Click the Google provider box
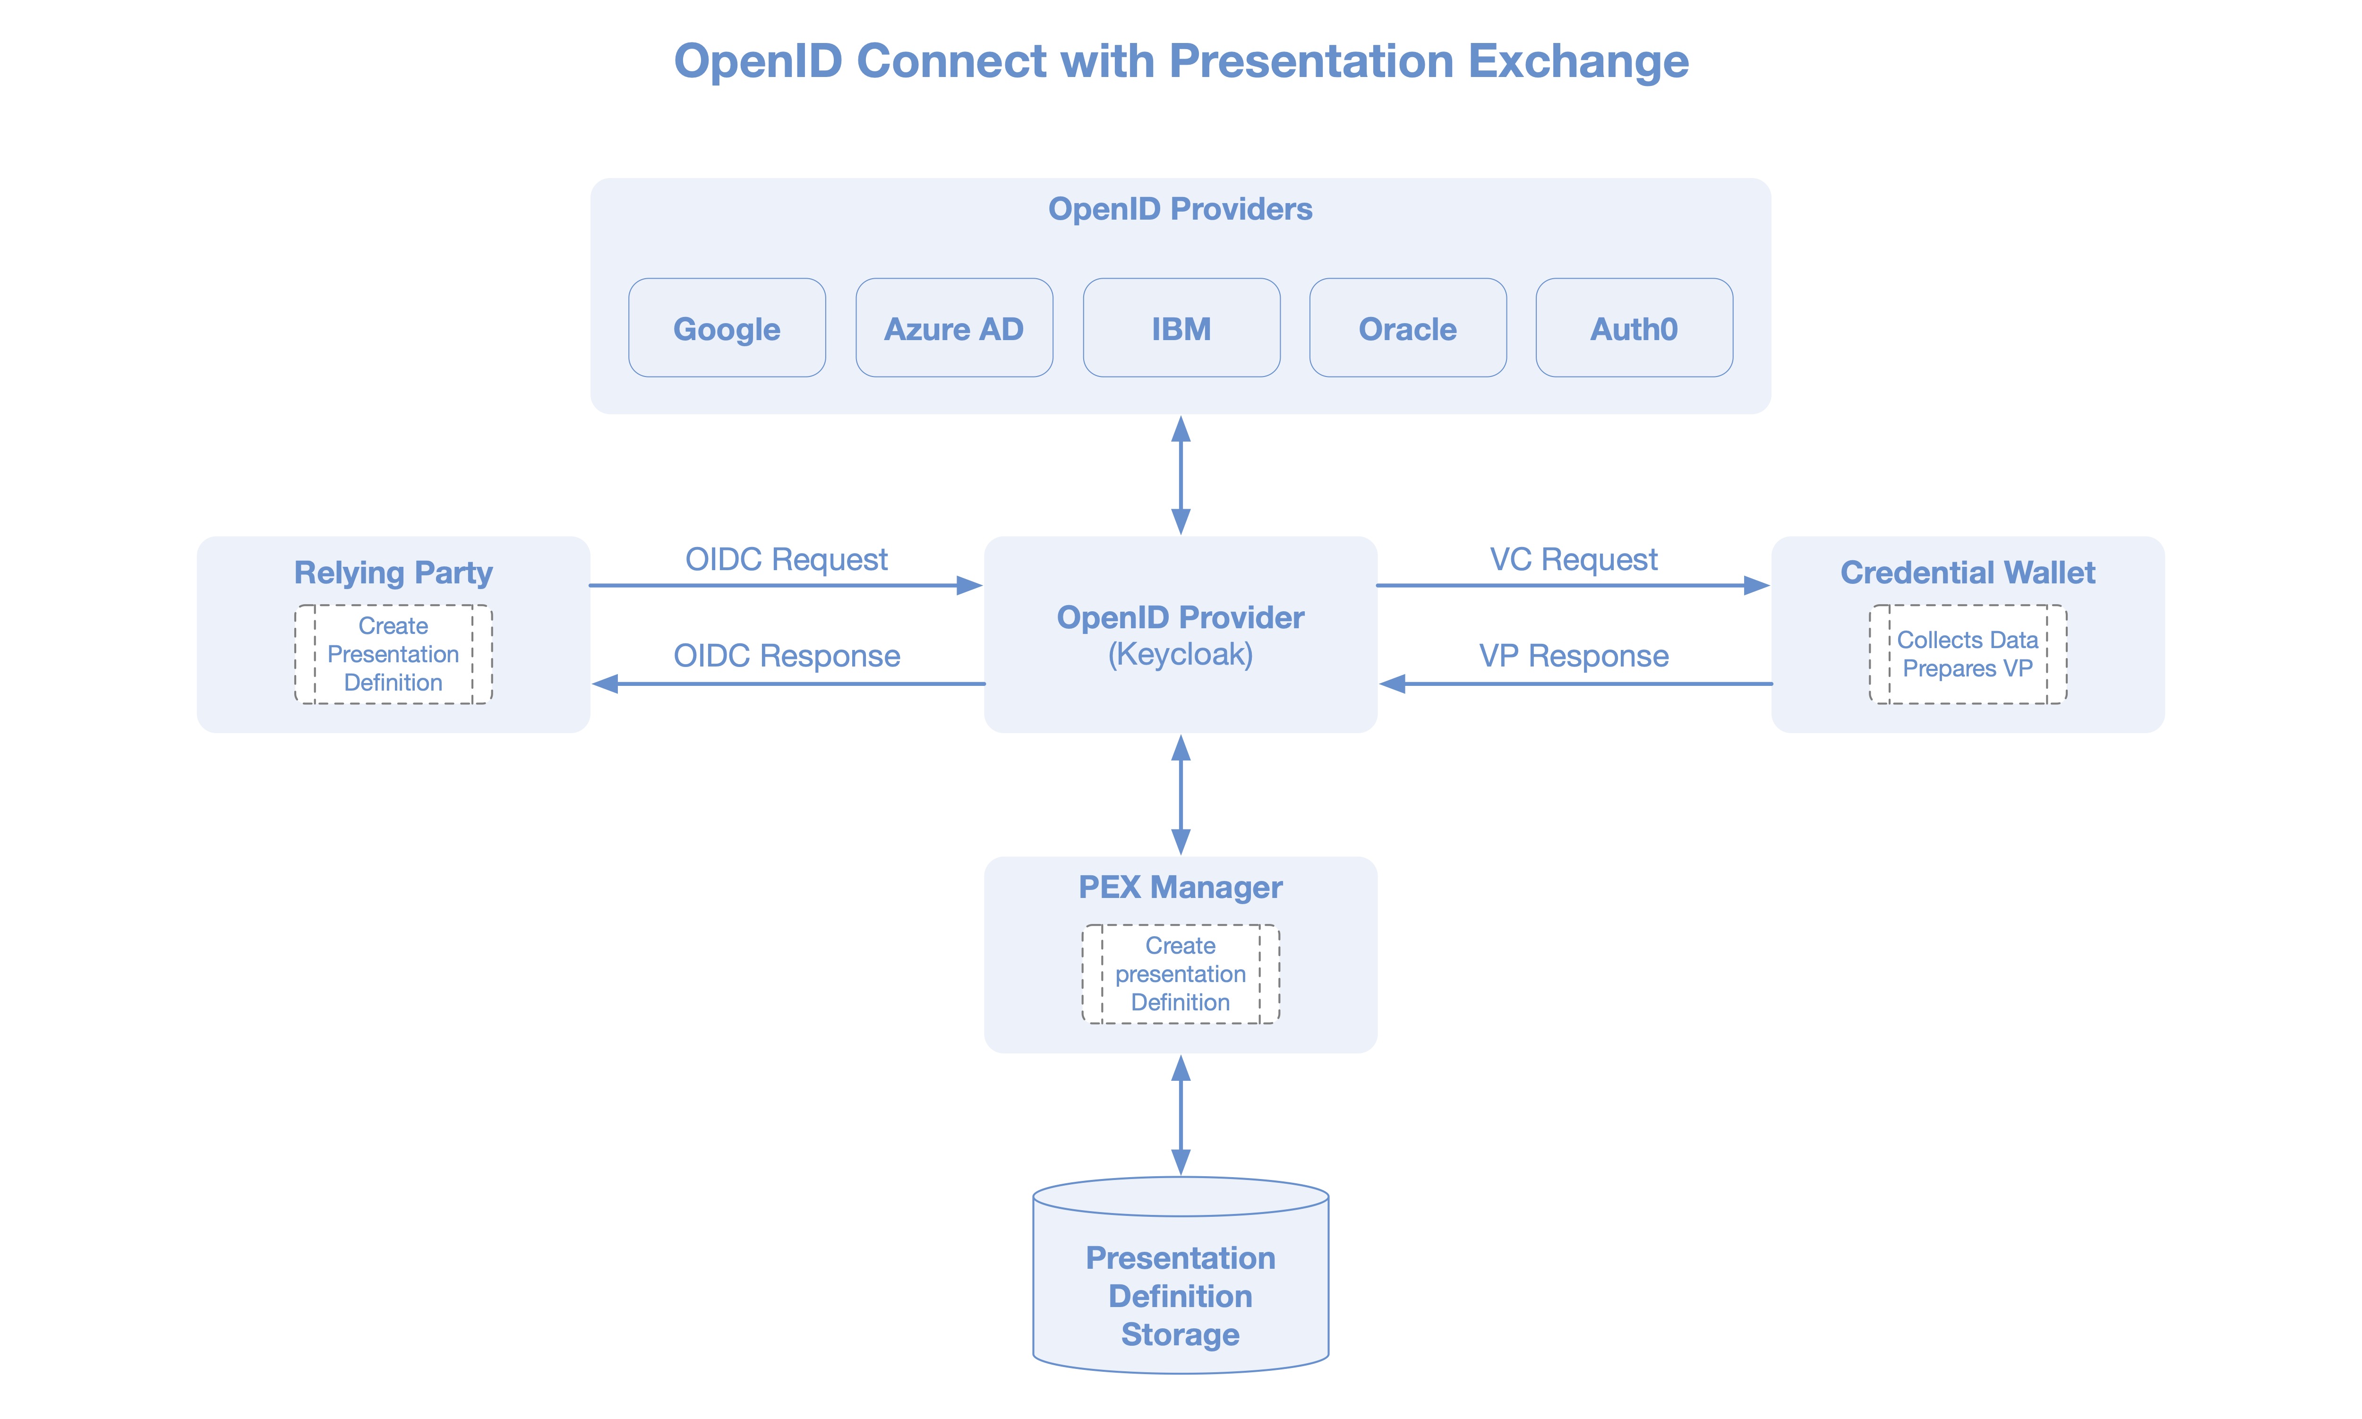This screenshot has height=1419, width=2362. coord(727,328)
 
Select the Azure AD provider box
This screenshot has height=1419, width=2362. coord(953,328)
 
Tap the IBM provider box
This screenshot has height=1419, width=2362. coord(1181,328)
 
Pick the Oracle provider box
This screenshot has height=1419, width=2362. coord(1408,328)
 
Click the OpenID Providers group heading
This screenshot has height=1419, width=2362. coord(1180,208)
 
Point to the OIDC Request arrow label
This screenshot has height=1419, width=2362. coord(786,559)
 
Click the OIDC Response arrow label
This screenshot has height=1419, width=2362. coord(786,656)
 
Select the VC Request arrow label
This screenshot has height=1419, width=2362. coord(1573,559)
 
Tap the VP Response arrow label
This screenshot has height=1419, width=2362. coord(1573,656)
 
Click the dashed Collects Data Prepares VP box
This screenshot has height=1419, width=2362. coord(1967,654)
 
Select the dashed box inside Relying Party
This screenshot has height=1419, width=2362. coord(393,654)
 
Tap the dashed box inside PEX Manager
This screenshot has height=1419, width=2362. coord(1180,974)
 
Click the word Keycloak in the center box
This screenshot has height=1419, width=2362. coord(1180,655)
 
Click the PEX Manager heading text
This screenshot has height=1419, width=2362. coord(1180,888)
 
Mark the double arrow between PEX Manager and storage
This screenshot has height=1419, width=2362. coord(1181,1115)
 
